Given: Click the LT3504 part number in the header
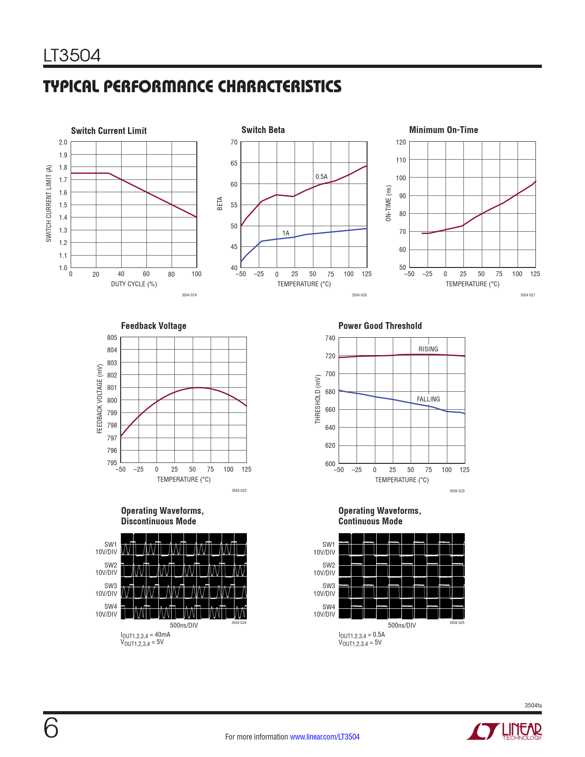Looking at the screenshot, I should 72,56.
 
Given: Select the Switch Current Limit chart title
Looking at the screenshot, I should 109,131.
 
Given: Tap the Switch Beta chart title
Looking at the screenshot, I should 263,130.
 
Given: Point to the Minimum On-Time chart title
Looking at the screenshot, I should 443,130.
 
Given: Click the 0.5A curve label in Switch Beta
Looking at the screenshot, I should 321,177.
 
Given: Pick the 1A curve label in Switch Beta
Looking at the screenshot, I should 286,233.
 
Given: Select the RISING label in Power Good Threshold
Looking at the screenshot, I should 428,349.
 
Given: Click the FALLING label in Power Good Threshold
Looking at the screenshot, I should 428,399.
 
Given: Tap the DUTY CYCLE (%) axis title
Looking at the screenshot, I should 134,284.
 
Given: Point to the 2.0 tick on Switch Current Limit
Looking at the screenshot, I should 63,142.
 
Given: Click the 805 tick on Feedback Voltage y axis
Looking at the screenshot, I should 112,338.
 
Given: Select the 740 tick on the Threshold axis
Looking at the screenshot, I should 330,338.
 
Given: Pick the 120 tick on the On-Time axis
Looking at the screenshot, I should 401,142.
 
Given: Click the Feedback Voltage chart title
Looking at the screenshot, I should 154,326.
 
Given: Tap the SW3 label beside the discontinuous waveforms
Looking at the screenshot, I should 111,586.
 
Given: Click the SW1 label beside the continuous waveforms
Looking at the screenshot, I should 329,545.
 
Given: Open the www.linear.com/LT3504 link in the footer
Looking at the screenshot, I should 325,737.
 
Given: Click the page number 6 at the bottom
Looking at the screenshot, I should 51,729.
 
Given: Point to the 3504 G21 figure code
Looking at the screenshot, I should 528,295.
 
